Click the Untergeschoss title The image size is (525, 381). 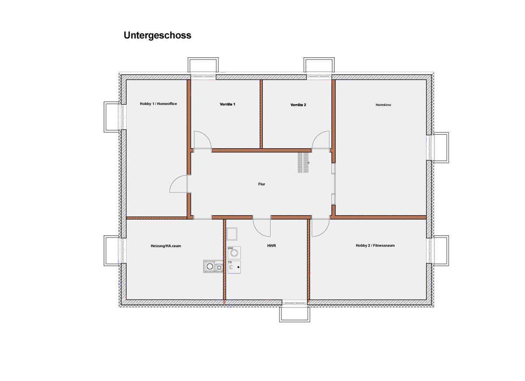click(x=157, y=35)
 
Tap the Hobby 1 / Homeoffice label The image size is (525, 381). click(x=158, y=104)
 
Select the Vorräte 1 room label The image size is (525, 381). click(x=227, y=104)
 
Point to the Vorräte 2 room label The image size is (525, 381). click(x=298, y=105)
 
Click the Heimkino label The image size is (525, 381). click(x=383, y=105)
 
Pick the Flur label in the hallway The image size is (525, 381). click(x=262, y=184)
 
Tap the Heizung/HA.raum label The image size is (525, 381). click(x=166, y=246)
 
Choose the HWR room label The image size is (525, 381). click(x=271, y=245)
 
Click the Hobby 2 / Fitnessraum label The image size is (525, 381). click(x=375, y=245)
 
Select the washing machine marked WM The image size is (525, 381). click(x=234, y=252)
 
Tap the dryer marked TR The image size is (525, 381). click(x=234, y=267)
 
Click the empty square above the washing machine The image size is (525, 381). click(x=232, y=234)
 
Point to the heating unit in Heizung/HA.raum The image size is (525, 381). click(x=213, y=266)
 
